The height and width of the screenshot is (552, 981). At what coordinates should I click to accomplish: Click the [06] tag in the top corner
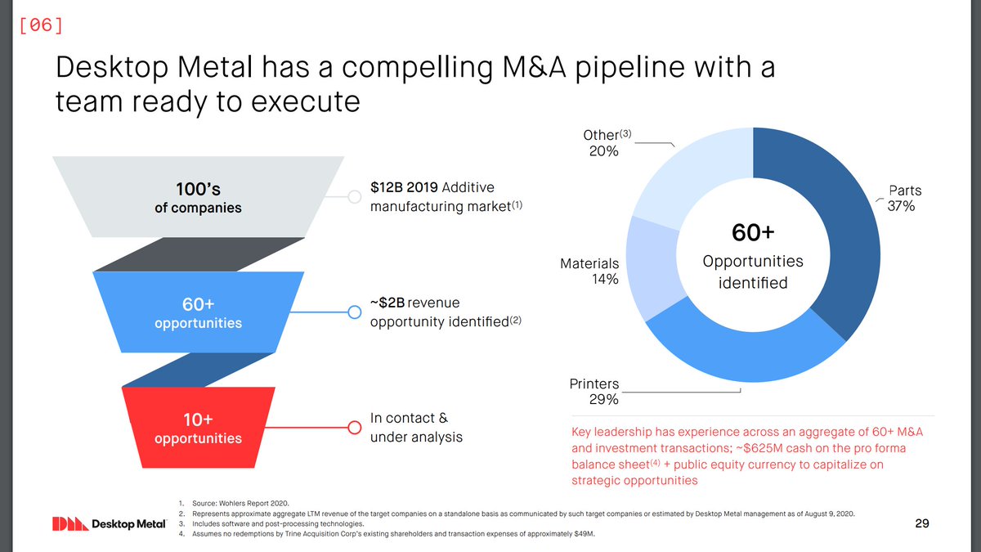pos(39,25)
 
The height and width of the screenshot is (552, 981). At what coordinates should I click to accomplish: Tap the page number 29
pos(921,523)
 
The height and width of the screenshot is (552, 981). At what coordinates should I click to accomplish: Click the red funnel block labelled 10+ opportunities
pos(198,429)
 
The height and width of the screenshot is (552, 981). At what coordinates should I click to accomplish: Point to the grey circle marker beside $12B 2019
pos(355,197)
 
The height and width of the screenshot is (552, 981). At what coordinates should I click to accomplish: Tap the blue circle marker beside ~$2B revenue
pos(355,312)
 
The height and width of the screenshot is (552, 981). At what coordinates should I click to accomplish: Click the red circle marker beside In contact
pos(355,427)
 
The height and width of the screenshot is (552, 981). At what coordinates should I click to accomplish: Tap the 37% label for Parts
pos(901,207)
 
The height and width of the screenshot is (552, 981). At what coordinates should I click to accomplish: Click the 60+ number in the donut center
pos(752,233)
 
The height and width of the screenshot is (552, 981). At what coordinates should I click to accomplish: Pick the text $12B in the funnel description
pos(387,188)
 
